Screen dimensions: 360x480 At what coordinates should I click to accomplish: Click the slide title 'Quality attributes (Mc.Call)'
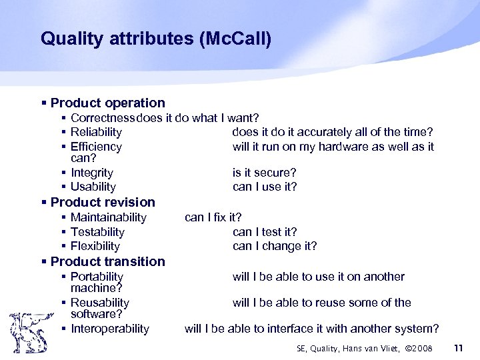tap(156, 39)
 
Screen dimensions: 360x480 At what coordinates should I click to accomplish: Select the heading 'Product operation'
tap(107, 103)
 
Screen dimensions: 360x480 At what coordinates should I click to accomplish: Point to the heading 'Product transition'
tap(107, 261)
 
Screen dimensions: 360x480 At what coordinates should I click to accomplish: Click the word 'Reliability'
tap(96, 133)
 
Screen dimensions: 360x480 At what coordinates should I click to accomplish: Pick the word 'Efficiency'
tap(96, 147)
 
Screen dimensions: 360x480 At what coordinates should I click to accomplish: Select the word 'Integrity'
tap(92, 173)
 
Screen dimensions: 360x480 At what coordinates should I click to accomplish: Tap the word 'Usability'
tap(93, 187)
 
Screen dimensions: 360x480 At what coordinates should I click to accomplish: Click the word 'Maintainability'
tap(109, 217)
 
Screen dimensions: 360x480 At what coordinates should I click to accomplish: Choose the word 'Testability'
tap(97, 232)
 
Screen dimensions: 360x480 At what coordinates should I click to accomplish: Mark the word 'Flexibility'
tap(95, 246)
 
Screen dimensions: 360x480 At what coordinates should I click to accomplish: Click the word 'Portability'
tap(97, 277)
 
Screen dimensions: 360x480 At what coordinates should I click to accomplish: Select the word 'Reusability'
tap(100, 303)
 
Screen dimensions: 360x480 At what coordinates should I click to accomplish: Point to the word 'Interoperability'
tap(110, 329)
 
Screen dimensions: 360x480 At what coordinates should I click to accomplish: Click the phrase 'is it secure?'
tap(265, 173)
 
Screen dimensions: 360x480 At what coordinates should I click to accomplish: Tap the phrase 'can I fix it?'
tap(213, 217)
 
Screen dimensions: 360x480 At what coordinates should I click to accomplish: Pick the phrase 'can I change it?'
tap(275, 246)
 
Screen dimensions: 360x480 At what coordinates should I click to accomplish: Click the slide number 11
tap(457, 348)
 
